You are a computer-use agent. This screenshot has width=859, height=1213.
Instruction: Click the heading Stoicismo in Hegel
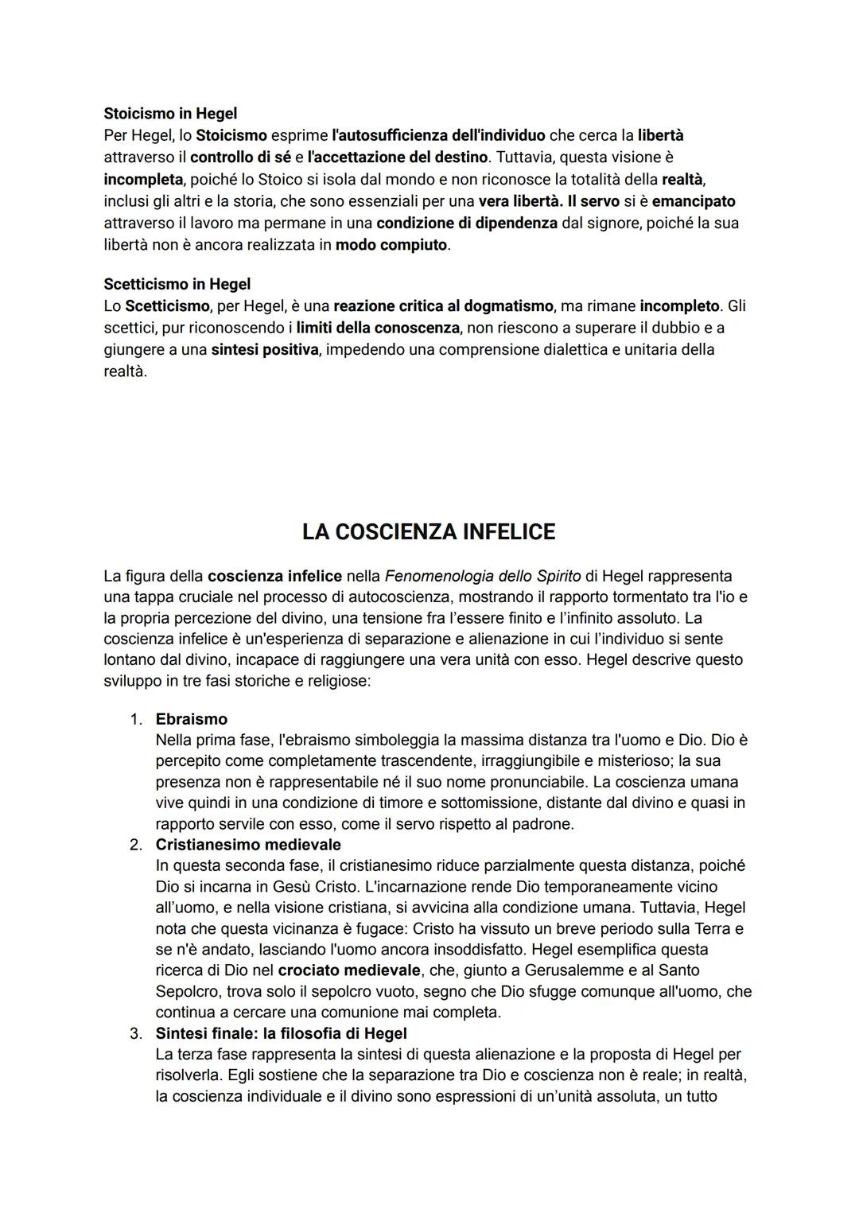[170, 114]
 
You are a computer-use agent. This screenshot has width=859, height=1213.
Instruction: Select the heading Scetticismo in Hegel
[177, 284]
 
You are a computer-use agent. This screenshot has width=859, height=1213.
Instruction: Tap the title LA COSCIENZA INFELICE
[429, 532]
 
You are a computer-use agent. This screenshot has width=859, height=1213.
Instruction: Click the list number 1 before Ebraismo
[136, 719]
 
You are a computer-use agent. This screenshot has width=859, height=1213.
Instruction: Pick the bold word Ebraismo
[191, 719]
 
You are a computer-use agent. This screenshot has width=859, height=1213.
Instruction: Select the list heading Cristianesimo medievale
[247, 845]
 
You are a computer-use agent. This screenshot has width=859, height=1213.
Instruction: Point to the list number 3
[136, 1033]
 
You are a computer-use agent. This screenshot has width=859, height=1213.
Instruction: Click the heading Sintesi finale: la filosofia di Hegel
[281, 1033]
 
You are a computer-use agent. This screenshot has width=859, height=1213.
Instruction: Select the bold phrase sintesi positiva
[264, 350]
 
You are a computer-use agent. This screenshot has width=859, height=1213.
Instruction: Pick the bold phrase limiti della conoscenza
[377, 328]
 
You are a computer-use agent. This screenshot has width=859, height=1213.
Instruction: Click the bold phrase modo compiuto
[391, 245]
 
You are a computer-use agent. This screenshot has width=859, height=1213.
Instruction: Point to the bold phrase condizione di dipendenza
[466, 223]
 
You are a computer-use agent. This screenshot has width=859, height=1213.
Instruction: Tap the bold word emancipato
[693, 201]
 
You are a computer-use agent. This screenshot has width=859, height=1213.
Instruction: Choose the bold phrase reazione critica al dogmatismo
[442, 306]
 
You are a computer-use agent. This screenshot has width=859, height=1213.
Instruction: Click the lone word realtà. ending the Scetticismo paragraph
[125, 371]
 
